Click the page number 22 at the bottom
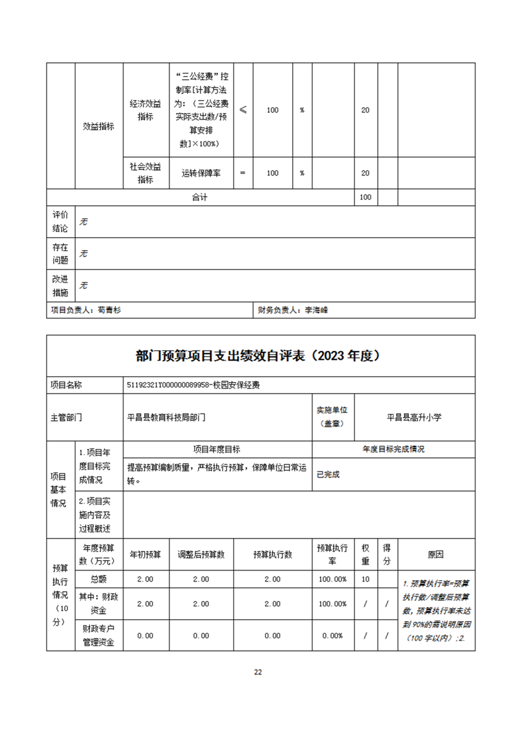(x=258, y=672)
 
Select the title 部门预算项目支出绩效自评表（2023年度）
(x=257, y=355)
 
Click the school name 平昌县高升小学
(x=414, y=418)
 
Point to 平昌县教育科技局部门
(x=166, y=418)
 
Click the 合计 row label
(x=199, y=197)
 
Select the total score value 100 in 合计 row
(x=365, y=197)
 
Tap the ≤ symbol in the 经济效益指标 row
(x=243, y=110)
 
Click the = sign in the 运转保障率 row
(x=243, y=173)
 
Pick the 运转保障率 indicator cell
(x=201, y=173)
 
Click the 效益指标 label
(x=99, y=127)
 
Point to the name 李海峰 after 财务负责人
(x=316, y=310)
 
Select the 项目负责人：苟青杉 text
(x=86, y=310)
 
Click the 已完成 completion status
(x=328, y=474)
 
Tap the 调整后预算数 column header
(x=201, y=554)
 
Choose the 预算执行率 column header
(x=332, y=554)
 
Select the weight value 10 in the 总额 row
(x=366, y=579)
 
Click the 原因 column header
(x=436, y=554)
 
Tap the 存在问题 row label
(x=60, y=253)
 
